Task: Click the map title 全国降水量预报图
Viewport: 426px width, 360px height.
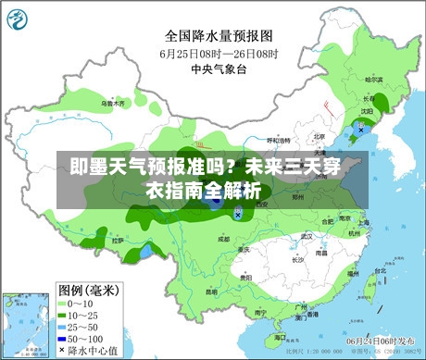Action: (x=219, y=37)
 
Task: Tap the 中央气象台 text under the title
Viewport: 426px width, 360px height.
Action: (x=219, y=68)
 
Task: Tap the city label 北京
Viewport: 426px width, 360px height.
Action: (x=319, y=135)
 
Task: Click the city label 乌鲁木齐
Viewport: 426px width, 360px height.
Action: (x=112, y=104)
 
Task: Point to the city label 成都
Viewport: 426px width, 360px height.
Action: (x=222, y=238)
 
